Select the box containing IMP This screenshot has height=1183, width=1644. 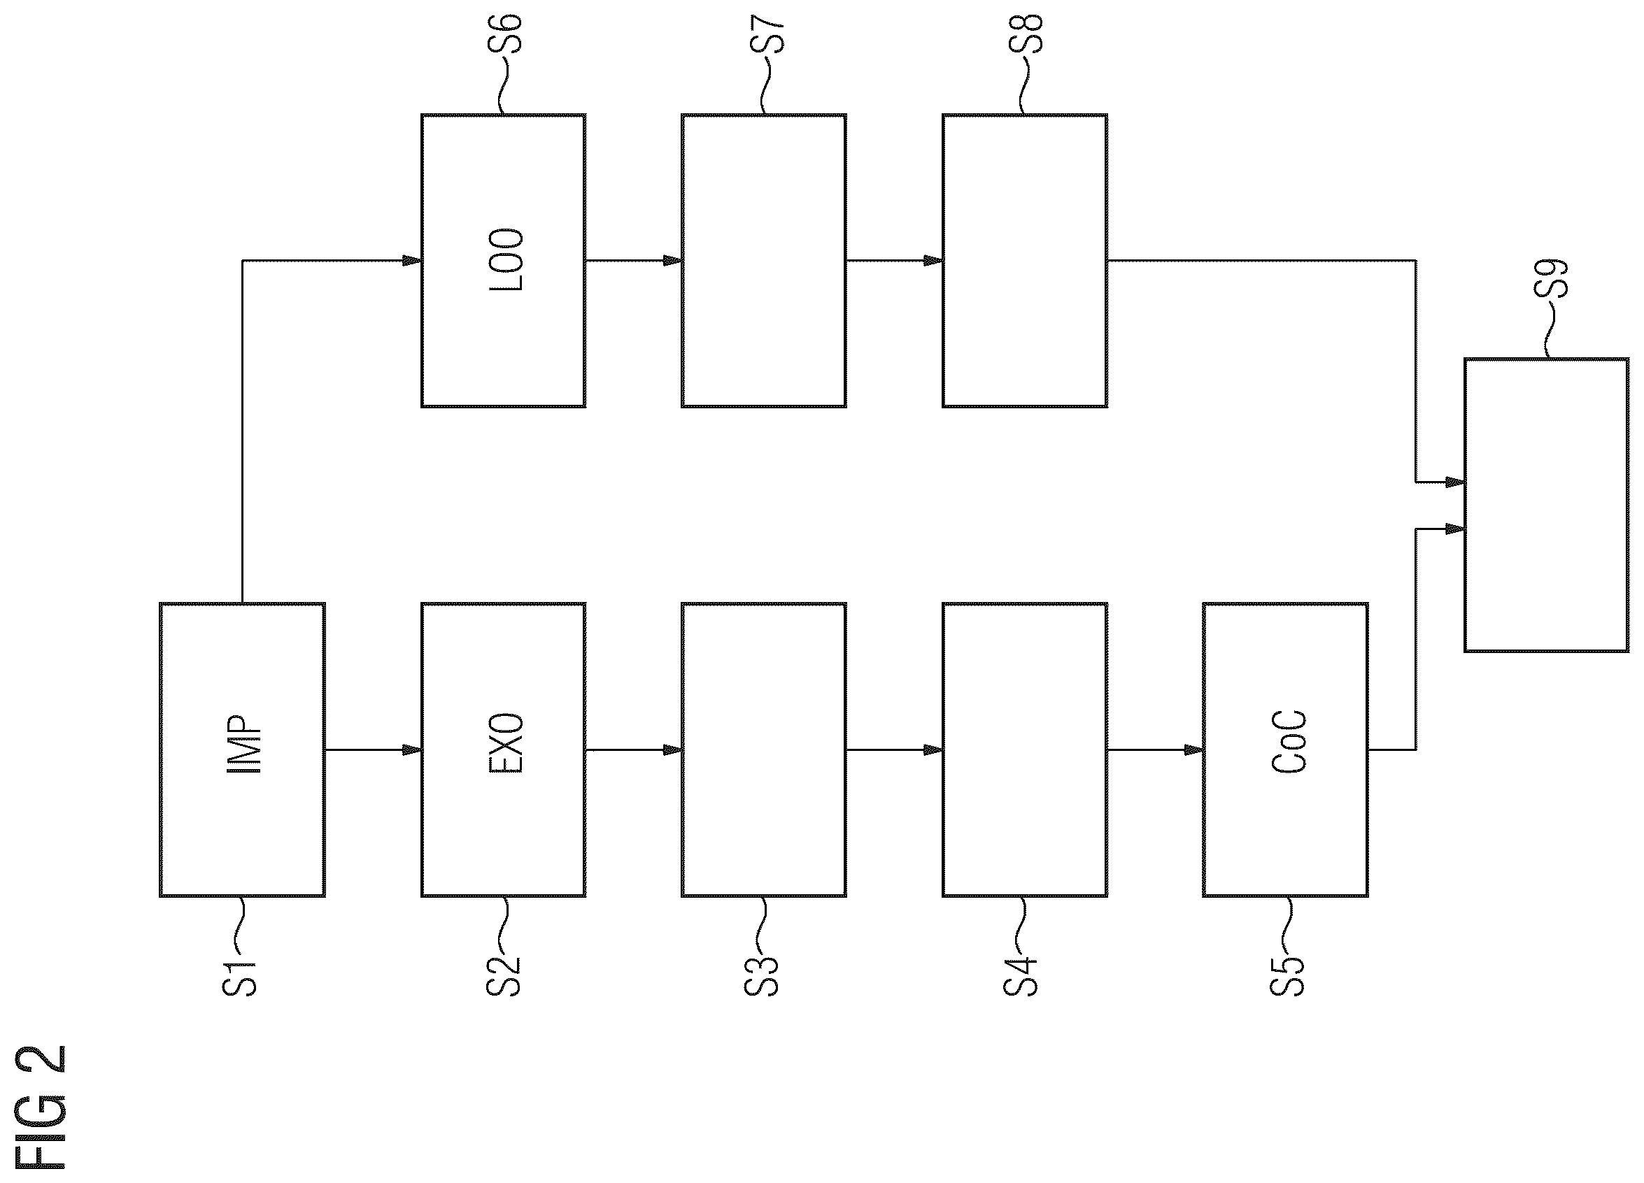click(242, 750)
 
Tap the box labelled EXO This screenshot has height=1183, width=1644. click(504, 750)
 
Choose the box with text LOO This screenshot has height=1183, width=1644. click(504, 260)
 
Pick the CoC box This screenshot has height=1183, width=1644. click(1285, 750)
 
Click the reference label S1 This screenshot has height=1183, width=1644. click(239, 979)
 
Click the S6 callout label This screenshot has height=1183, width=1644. click(504, 33)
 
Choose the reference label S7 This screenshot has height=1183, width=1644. click(767, 33)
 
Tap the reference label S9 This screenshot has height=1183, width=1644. click(1550, 278)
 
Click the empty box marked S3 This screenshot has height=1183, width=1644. click(764, 750)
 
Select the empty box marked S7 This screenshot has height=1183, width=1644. click(764, 260)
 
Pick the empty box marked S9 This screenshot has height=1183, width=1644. click(1547, 505)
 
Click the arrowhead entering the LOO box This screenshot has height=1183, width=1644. click(413, 260)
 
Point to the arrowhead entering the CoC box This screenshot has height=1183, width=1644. click(1194, 750)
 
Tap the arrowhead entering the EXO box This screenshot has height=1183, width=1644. click(413, 750)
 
